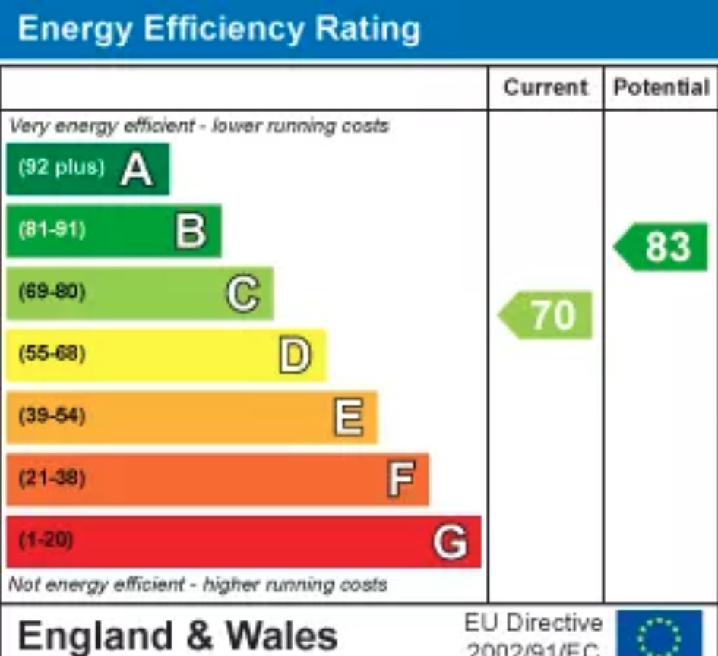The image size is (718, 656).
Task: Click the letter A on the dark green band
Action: (x=137, y=169)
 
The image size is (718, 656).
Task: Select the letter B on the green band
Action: (x=190, y=231)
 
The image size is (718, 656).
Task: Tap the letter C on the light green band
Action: (x=243, y=293)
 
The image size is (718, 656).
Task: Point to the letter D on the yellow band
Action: (x=295, y=355)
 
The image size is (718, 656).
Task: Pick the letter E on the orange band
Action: (x=348, y=418)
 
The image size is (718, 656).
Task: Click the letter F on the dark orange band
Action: (x=400, y=480)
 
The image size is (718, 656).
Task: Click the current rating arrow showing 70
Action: (x=546, y=314)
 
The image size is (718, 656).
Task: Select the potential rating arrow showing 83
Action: (x=662, y=247)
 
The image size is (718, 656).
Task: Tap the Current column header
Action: (x=546, y=87)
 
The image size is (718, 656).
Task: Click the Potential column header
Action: (x=660, y=87)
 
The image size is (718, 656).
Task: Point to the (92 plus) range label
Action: (x=61, y=168)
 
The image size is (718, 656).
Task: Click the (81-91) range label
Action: (x=52, y=229)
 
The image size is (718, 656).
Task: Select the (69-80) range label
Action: (x=52, y=292)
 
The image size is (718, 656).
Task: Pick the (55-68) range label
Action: (x=52, y=354)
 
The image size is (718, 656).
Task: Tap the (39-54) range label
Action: (x=52, y=416)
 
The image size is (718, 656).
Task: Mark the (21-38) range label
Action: (x=52, y=478)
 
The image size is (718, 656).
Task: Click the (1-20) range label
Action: (x=46, y=541)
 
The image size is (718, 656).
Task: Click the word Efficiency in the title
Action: (x=215, y=30)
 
